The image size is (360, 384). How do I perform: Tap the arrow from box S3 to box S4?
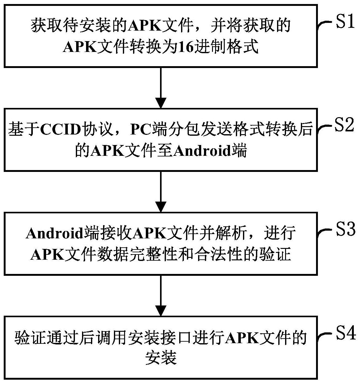pyautogui.click(x=161, y=295)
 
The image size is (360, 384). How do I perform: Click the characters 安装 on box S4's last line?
pyautogui.click(x=161, y=359)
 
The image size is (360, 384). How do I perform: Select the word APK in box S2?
pyautogui.click(x=106, y=152)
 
